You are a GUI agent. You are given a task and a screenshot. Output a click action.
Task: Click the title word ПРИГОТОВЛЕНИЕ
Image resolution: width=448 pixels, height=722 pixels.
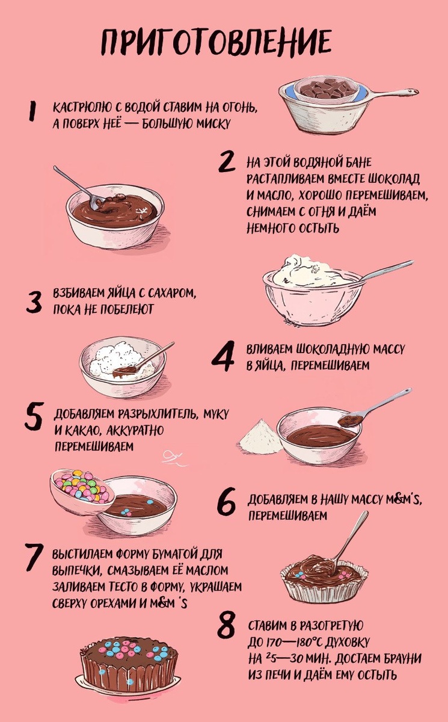pos(216,42)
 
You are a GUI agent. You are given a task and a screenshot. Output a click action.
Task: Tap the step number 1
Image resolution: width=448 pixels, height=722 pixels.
pos(32,111)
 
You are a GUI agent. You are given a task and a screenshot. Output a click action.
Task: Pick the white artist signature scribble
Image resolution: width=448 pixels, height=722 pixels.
pos(173,458)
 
